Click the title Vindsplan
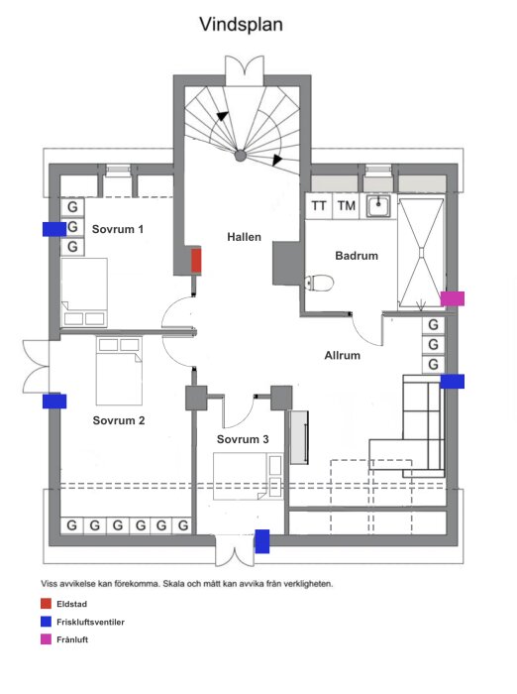tap(241, 25)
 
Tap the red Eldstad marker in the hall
tap(196, 261)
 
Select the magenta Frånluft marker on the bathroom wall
tap(453, 298)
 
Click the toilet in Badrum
tap(319, 283)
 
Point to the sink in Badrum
tap(378, 206)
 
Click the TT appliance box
tap(319, 206)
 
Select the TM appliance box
tap(347, 206)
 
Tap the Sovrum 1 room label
tap(118, 229)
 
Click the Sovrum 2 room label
tap(119, 420)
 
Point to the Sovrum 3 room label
tap(243, 439)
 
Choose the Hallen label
tap(244, 237)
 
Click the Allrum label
tap(343, 355)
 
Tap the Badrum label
tap(357, 256)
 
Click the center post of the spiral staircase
tap(240, 156)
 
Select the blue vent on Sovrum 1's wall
tap(54, 229)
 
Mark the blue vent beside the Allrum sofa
tap(453, 382)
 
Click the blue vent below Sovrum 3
tap(262, 541)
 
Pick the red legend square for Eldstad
tap(46, 604)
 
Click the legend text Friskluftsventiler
tap(91, 622)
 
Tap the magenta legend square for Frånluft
tap(46, 639)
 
